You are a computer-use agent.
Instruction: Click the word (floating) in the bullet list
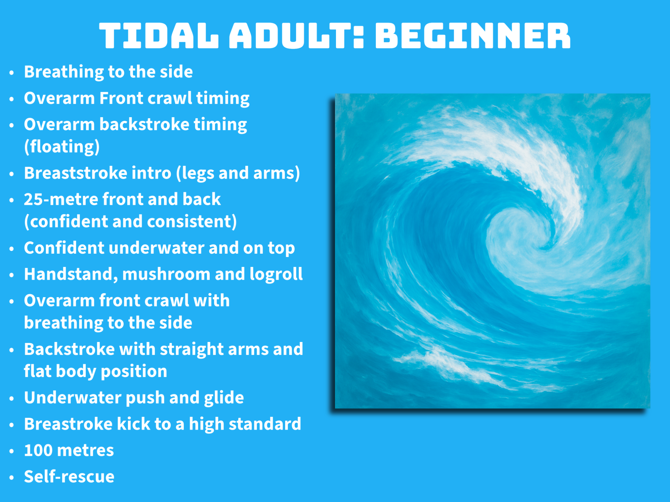tap(62, 147)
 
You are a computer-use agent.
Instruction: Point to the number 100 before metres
tap(38, 450)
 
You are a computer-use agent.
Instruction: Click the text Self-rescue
tap(69, 476)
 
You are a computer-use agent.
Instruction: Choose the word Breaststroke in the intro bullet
tap(75, 173)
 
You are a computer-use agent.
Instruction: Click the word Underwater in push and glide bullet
tap(72, 398)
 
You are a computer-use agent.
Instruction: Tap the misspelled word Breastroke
tap(68, 424)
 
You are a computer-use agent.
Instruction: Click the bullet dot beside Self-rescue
tap(12, 478)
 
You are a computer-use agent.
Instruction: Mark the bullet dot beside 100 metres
tap(12, 451)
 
